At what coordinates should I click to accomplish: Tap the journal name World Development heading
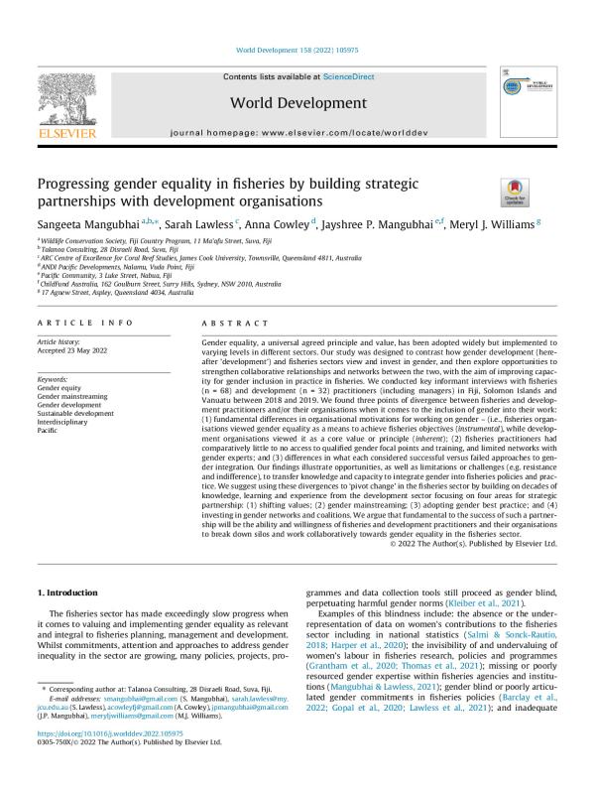pos(297,103)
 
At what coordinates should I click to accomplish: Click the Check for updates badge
pos(487,191)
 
